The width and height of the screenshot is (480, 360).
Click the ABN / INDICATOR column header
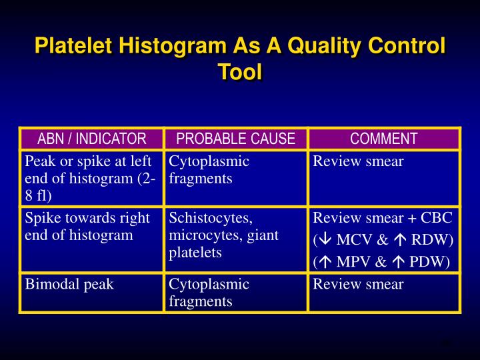click(91, 139)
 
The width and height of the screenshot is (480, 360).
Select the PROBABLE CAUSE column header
click(235, 139)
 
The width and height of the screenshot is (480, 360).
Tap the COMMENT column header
click(383, 139)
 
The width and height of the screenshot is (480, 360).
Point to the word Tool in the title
click(240, 71)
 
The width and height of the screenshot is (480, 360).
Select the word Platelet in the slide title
click(75, 47)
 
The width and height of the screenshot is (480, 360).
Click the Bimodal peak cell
click(69, 284)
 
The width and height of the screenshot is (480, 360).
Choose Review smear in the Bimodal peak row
click(358, 284)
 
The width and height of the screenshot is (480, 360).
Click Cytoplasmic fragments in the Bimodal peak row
click(209, 292)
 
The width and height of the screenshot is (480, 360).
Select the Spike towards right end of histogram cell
click(87, 227)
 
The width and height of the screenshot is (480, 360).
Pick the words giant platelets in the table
click(223, 244)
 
